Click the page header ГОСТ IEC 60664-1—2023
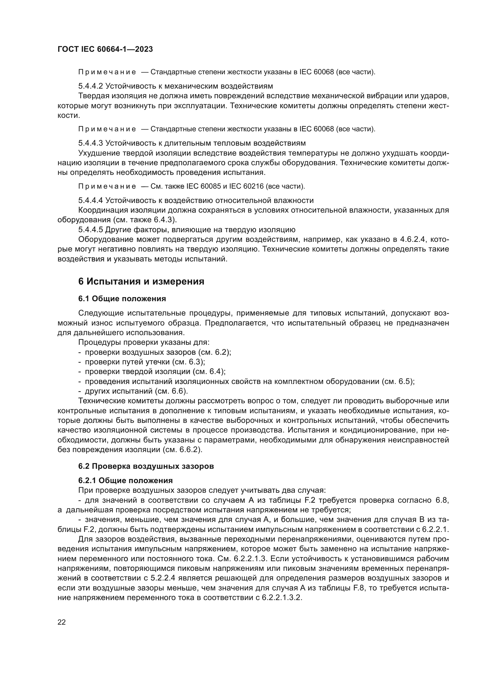[x=105, y=49]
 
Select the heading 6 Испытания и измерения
[x=141, y=282]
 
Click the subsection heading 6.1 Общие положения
[x=122, y=299]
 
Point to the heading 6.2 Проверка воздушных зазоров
[x=146, y=475]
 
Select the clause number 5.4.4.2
[x=91, y=86]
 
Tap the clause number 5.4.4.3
[x=91, y=143]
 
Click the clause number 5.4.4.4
[x=91, y=200]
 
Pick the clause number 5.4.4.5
[x=91, y=230]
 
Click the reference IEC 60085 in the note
[x=204, y=187]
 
